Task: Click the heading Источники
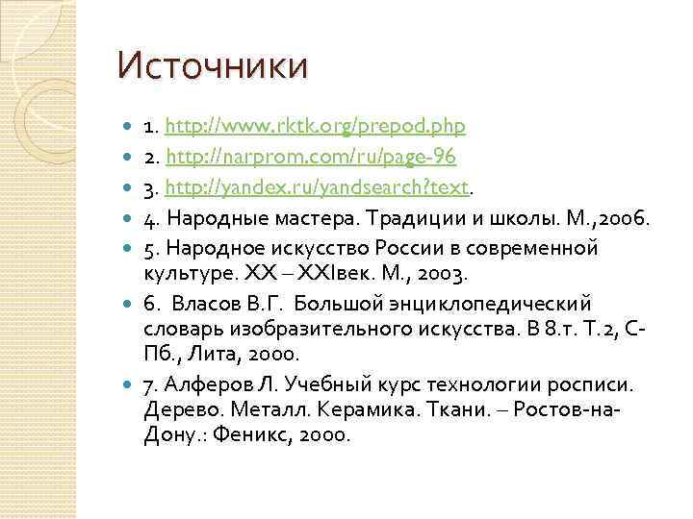tap(213, 66)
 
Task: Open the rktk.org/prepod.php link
tap(316, 125)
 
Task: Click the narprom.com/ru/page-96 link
tap(311, 156)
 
